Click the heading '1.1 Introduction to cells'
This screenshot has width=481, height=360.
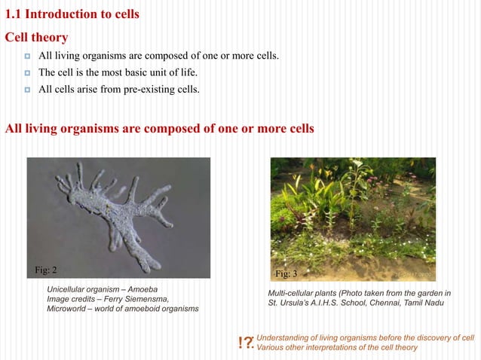pyautogui.click(x=72, y=14)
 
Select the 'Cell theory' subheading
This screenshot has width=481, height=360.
pyautogui.click(x=37, y=37)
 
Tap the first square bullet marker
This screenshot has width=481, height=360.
pyautogui.click(x=26, y=57)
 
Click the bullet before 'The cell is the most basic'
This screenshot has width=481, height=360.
pyautogui.click(x=26, y=74)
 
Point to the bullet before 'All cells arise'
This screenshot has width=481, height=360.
pyautogui.click(x=26, y=90)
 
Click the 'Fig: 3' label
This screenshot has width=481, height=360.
pyautogui.click(x=286, y=273)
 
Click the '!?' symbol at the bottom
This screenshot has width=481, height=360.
pyautogui.click(x=245, y=343)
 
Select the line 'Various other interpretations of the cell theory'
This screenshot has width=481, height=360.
pyautogui.click(x=336, y=347)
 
